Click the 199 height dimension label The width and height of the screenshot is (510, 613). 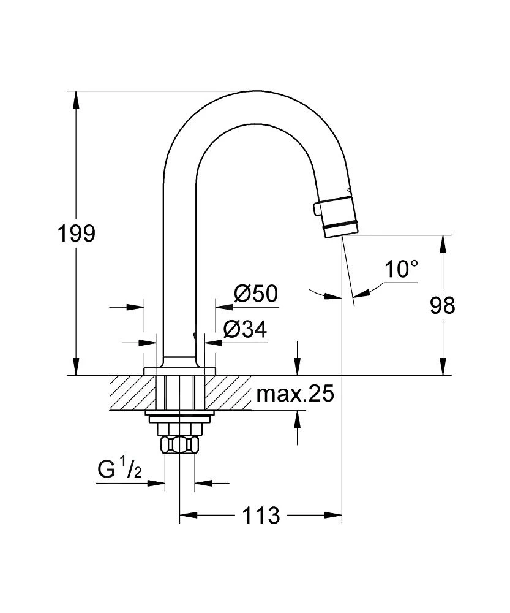pyautogui.click(x=76, y=234)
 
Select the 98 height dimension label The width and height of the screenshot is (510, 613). pyautogui.click(x=442, y=305)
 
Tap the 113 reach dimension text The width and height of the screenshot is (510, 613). pyautogui.click(x=261, y=515)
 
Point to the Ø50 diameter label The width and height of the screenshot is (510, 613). pyautogui.click(x=255, y=294)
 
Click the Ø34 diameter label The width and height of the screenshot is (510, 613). pyautogui.click(x=245, y=330)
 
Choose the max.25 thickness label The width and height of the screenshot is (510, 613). pyautogui.click(x=295, y=394)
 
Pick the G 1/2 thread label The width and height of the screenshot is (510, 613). pyautogui.click(x=120, y=470)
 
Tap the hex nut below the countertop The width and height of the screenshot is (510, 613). pyautogui.click(x=179, y=444)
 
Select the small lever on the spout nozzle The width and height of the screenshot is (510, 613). pyautogui.click(x=317, y=209)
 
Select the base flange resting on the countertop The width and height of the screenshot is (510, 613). pyautogui.click(x=179, y=370)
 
